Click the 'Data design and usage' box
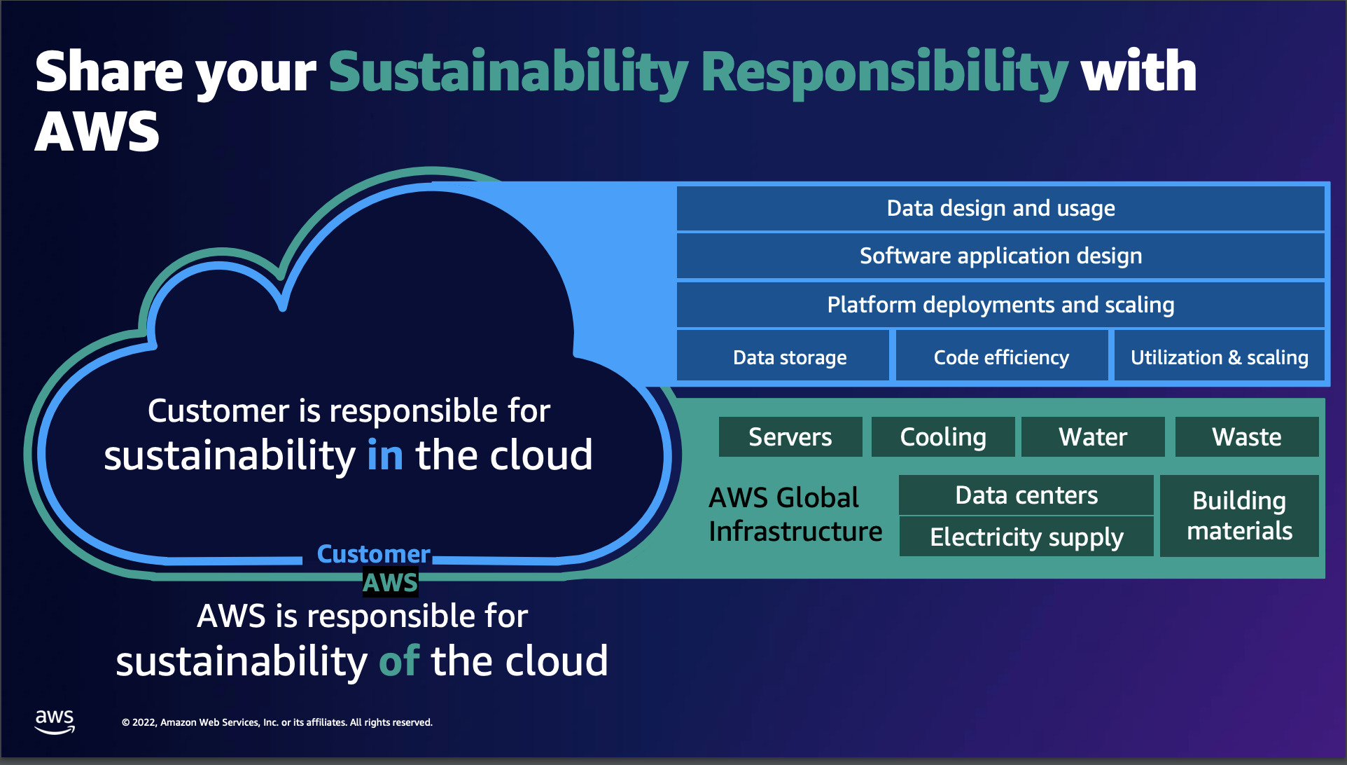tap(1000, 208)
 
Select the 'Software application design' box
tap(1000, 256)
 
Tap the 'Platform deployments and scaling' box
tap(1000, 305)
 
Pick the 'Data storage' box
tap(789, 357)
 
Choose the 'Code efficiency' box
tap(1001, 357)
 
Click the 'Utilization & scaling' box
tap(1219, 357)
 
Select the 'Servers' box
tap(790, 437)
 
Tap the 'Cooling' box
tap(942, 437)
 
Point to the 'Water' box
tap(1093, 437)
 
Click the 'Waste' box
tap(1246, 437)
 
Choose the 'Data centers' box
tap(1026, 495)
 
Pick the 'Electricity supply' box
tap(1026, 537)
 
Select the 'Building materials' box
tap(1239, 516)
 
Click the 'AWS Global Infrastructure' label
tap(795, 514)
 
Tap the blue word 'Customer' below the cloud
tap(373, 554)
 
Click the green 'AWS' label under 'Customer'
tap(390, 583)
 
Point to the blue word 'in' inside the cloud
tap(385, 455)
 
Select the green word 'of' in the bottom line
tap(399, 661)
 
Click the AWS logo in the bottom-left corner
tap(55, 721)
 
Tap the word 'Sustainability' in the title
tap(508, 72)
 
